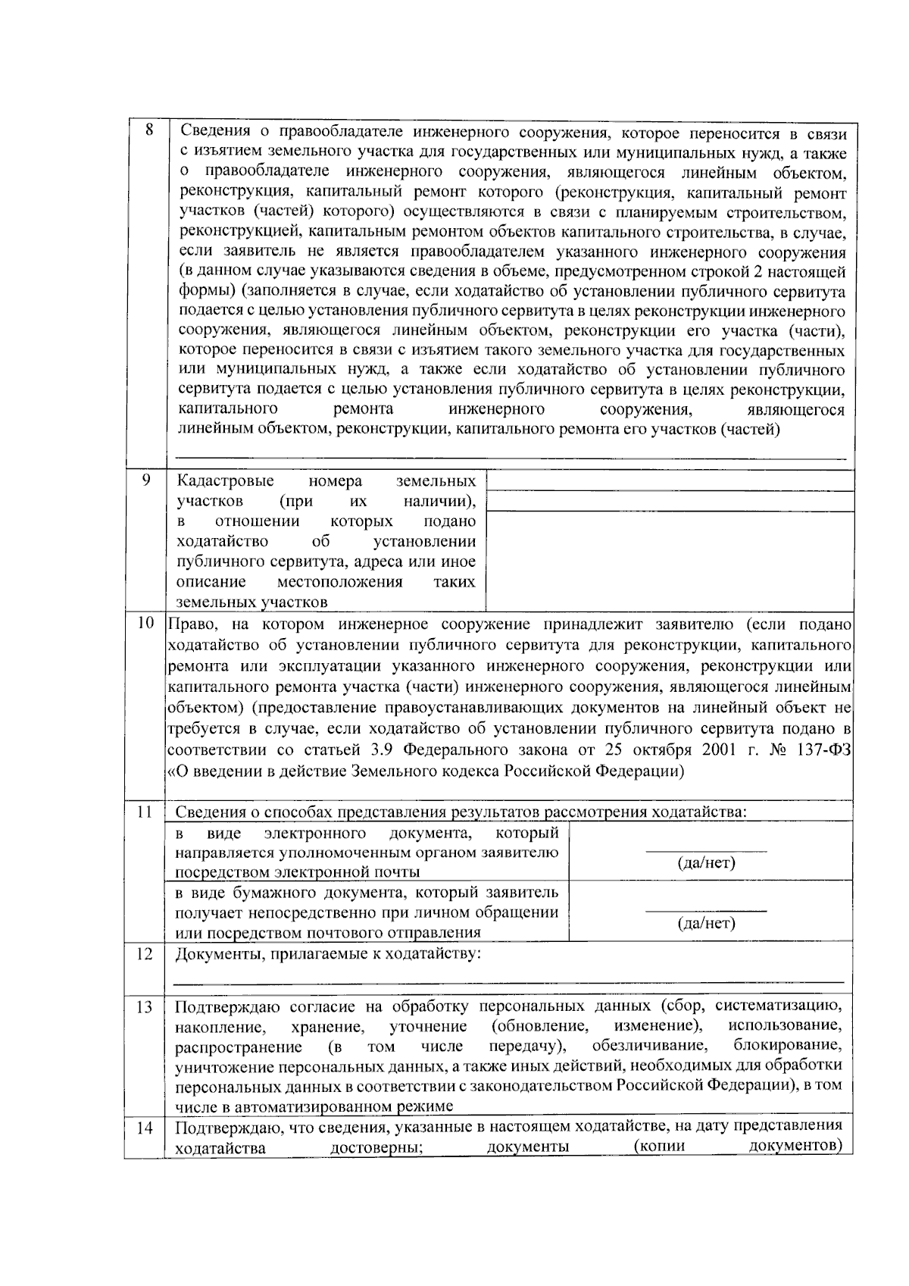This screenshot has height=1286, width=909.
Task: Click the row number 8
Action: [x=149, y=130]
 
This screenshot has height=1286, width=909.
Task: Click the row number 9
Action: [x=145, y=480]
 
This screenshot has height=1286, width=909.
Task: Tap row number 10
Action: [x=145, y=624]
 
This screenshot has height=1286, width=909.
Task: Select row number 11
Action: [x=145, y=812]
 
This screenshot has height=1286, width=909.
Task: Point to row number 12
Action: [x=145, y=953]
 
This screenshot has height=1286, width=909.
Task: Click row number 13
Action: [x=145, y=1007]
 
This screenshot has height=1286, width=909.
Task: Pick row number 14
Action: [x=145, y=1128]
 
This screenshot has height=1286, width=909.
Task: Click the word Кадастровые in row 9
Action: [x=225, y=481]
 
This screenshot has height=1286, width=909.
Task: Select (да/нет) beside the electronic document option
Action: [x=705, y=863]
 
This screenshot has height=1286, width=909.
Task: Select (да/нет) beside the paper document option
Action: [x=705, y=924]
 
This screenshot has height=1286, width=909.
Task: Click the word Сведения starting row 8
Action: [x=213, y=133]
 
